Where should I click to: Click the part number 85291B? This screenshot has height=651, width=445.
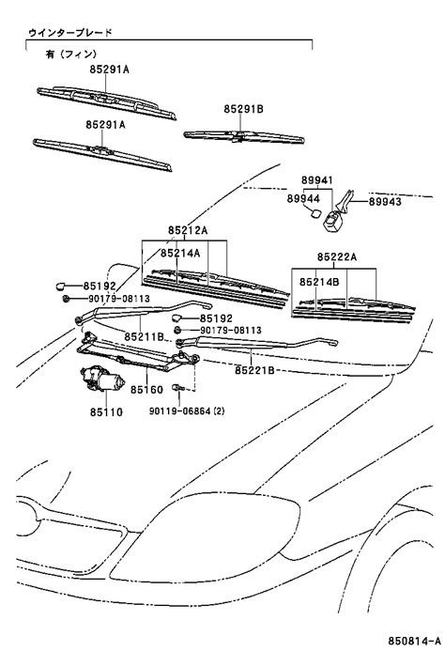[x=244, y=109]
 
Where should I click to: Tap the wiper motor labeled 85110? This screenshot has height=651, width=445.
[x=101, y=379]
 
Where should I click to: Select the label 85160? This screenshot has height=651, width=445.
[x=147, y=390]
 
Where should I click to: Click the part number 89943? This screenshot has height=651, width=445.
[x=385, y=201]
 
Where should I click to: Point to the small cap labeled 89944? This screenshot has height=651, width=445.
[x=315, y=213]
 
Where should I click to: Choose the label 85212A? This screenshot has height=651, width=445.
[x=188, y=230]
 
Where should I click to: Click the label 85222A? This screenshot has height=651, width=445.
[x=337, y=257]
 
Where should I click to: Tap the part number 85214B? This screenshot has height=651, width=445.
[x=319, y=282]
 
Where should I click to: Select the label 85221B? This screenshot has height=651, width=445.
[x=254, y=369]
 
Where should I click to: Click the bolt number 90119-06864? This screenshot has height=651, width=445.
[x=180, y=411]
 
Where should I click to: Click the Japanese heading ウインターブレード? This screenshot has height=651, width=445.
[x=70, y=32]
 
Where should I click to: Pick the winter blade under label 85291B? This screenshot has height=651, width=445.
[x=244, y=136]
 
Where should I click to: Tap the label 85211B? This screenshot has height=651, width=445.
[x=144, y=336]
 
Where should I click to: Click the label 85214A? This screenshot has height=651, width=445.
[x=180, y=253]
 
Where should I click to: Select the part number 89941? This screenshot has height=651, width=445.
[x=316, y=180]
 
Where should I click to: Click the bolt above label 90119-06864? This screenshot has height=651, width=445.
[x=178, y=387]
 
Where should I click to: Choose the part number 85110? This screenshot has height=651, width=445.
[x=106, y=411]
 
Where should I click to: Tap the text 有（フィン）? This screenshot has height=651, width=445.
[x=71, y=54]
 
